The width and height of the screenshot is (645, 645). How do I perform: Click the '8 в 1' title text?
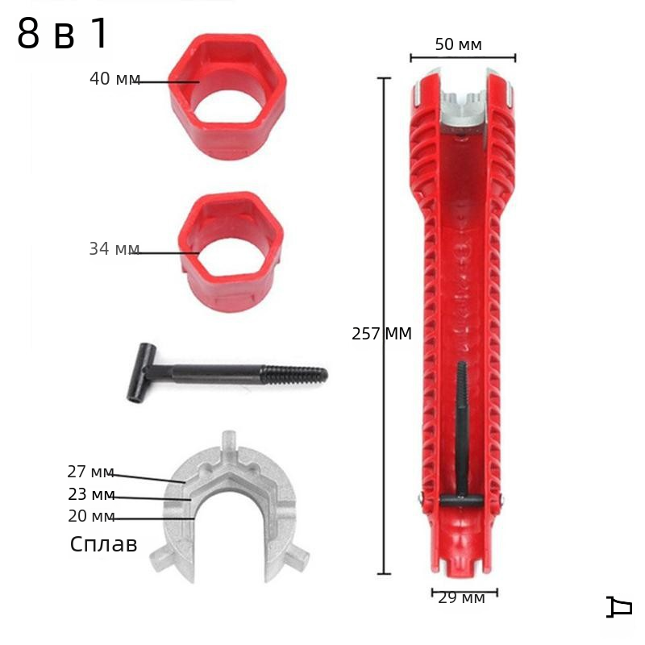[x=63, y=34]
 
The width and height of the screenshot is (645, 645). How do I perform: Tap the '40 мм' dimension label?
[x=114, y=78]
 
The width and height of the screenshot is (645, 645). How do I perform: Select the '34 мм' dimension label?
[x=114, y=249]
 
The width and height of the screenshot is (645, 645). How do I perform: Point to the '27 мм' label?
[x=90, y=472]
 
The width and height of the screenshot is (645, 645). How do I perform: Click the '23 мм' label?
[x=91, y=494]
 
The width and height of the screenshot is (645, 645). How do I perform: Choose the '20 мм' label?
[x=91, y=516]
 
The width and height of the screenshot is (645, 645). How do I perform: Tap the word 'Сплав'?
[x=103, y=544]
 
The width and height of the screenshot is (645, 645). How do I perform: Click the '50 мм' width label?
[x=458, y=44]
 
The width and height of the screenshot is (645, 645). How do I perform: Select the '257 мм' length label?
[x=381, y=334]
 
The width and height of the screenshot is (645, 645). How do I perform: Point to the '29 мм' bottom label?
[x=461, y=598]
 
